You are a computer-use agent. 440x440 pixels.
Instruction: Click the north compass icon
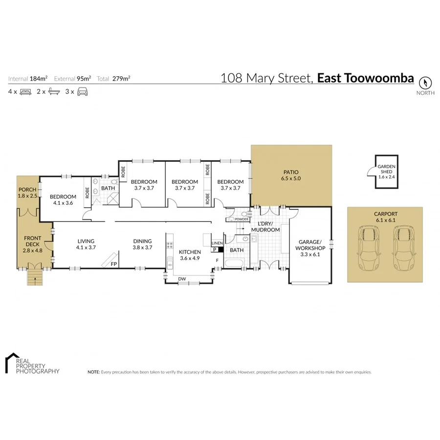click(425, 82)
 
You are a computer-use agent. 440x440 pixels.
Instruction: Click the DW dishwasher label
click(182, 279)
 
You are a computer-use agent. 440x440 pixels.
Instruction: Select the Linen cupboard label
click(217, 243)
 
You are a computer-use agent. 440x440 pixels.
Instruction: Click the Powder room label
click(242, 220)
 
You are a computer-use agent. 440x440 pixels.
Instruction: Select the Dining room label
click(142, 244)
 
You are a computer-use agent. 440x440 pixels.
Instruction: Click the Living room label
click(86, 244)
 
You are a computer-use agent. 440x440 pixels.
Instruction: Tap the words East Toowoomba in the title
click(365, 78)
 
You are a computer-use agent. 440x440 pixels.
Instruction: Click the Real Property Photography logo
click(32, 364)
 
